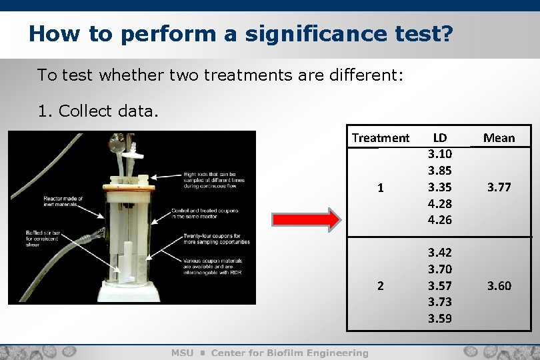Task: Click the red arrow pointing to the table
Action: tap(305, 219)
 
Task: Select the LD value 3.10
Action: tap(440, 155)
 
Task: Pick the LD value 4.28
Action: tap(440, 203)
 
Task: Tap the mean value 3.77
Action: tap(499, 187)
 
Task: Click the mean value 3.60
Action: tap(499, 286)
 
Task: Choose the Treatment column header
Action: tap(381, 138)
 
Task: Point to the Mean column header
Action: tap(499, 138)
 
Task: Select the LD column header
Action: tap(440, 138)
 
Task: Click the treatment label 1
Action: tap(380, 188)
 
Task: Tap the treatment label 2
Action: tap(380, 286)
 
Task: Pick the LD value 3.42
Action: tap(440, 253)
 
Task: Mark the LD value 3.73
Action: tap(440, 302)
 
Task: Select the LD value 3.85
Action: tap(440, 171)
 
